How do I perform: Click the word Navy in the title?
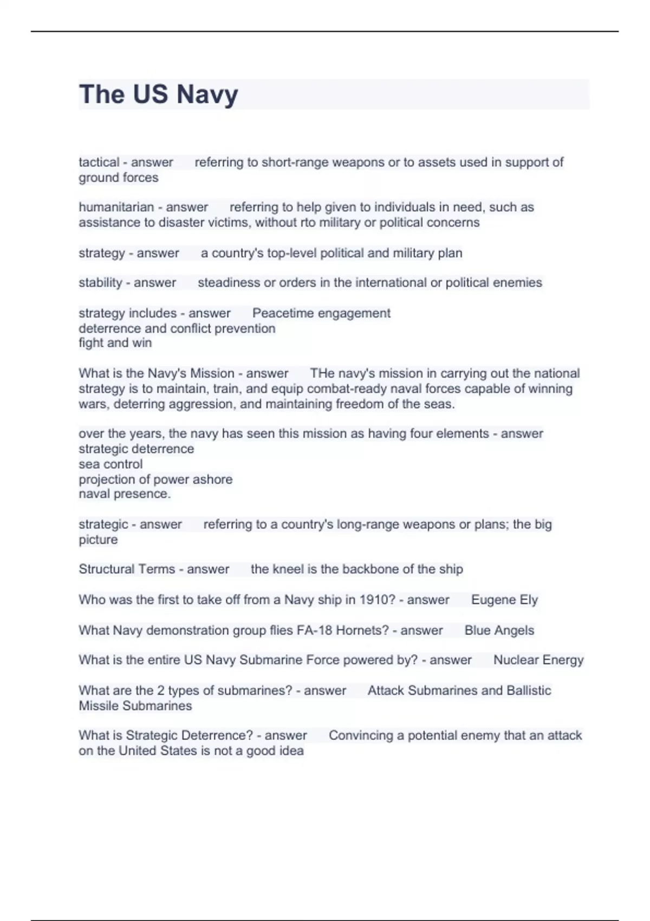207,94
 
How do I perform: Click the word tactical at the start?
99,162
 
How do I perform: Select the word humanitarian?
116,207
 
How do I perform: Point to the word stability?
100,282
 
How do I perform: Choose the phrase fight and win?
115,343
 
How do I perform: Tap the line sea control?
110,464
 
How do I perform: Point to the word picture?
98,540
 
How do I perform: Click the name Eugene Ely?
504,600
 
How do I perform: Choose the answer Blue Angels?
499,630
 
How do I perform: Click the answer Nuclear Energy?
538,660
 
